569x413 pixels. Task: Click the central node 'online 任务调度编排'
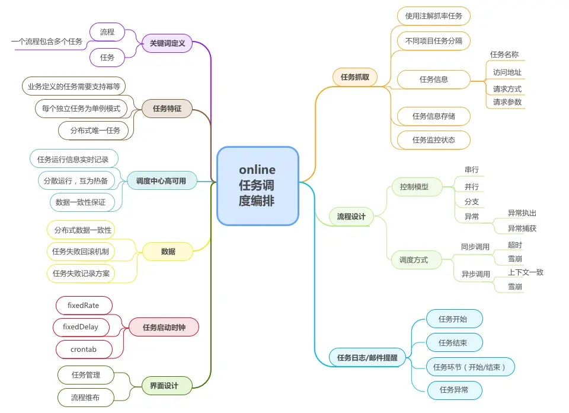(257, 186)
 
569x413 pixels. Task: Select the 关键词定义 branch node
(167, 43)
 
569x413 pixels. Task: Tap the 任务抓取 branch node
(354, 77)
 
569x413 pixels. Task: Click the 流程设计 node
(351, 217)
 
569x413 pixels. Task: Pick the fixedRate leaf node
(84, 306)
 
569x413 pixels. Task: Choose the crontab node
(83, 350)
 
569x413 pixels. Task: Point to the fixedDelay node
(81, 327)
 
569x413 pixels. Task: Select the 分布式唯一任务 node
(95, 131)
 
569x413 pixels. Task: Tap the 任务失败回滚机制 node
(81, 252)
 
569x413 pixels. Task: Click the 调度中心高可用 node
(161, 181)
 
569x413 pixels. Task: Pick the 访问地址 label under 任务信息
(507, 72)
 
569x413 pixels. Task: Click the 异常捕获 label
(522, 228)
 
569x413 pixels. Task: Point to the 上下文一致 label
(525, 272)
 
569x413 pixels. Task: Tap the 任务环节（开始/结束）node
(470, 367)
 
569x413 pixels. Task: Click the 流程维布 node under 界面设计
(85, 398)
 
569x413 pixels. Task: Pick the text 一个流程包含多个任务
(47, 42)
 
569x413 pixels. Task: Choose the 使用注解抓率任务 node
(433, 16)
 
